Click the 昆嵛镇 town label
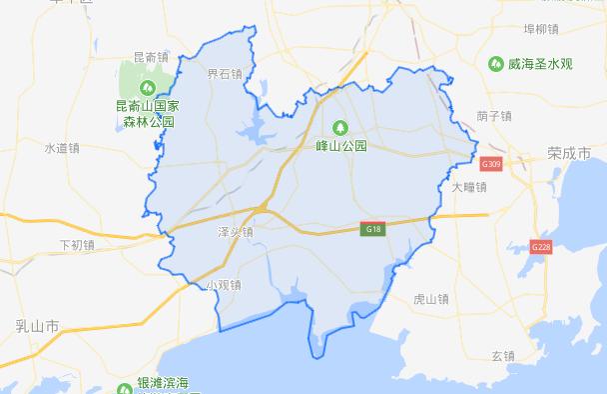[x=150, y=57]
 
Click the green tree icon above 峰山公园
[x=339, y=127]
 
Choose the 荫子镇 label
[x=495, y=115]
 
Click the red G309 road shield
[x=490, y=162]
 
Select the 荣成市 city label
[x=570, y=153]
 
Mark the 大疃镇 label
[x=469, y=186]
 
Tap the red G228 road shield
[x=541, y=246]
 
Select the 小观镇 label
[x=224, y=285]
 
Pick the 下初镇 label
[x=77, y=243]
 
